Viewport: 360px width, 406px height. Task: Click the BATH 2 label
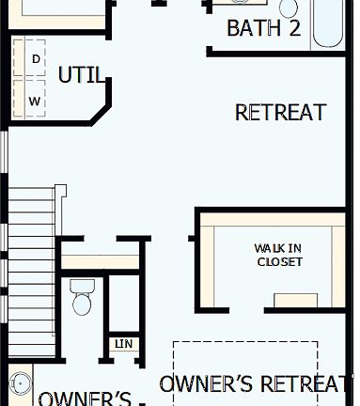coord(264,28)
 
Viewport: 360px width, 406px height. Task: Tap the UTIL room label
coord(82,75)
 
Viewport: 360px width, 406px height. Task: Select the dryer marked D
coord(36,58)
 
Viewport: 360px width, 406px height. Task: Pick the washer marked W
coord(35,100)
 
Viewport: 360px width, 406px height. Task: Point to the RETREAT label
coord(280,113)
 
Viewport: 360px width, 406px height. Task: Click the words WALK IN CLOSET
coord(279,255)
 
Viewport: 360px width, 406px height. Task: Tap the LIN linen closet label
coord(124,344)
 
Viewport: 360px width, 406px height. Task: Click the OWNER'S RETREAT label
coord(257,383)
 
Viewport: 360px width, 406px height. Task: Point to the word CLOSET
coord(279,261)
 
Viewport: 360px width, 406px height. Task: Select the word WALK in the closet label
coord(268,248)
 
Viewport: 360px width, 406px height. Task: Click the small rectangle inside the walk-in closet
coord(295,301)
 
